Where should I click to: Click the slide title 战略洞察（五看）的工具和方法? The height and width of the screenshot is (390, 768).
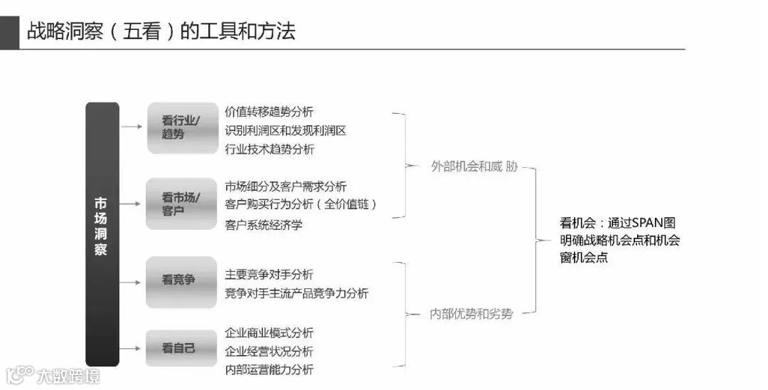[161, 31]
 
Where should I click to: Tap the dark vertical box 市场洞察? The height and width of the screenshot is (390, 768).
[102, 234]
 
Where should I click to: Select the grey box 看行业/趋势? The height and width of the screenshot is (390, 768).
[181, 127]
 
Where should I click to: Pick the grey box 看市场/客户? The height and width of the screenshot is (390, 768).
[181, 204]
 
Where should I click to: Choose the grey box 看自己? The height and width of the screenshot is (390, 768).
[181, 348]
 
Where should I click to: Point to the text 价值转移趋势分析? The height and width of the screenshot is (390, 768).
[269, 112]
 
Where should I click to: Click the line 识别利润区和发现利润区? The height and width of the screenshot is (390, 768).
[285, 130]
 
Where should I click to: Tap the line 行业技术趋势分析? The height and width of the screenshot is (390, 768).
[269, 149]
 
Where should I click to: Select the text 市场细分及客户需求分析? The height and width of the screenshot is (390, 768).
[285, 186]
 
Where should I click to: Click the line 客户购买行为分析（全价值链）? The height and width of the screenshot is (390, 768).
[301, 204]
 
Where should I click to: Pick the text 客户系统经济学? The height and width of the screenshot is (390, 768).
[263, 225]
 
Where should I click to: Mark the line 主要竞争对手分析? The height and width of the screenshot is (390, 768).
[269, 275]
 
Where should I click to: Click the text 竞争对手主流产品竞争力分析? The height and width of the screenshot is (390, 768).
[297, 293]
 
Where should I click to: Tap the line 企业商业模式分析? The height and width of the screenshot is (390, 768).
[269, 333]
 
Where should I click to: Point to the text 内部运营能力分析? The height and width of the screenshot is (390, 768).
[269, 369]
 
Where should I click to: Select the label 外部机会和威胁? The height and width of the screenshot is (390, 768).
[474, 167]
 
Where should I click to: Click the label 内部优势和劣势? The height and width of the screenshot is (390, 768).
[471, 313]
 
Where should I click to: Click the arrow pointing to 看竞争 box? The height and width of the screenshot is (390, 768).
[131, 282]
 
